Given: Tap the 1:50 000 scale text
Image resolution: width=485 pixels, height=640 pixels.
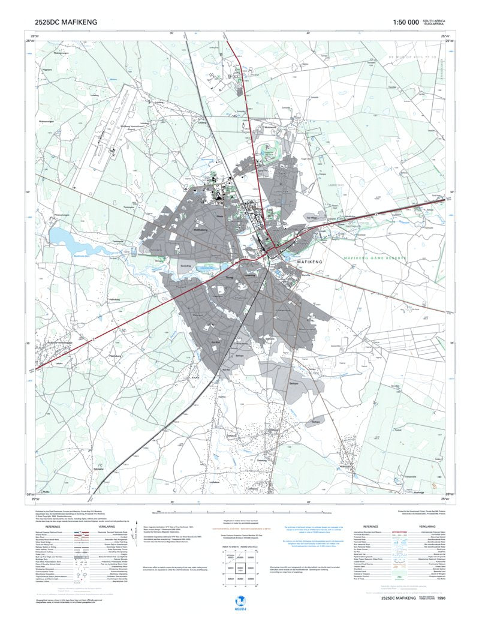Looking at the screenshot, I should click(x=406, y=22).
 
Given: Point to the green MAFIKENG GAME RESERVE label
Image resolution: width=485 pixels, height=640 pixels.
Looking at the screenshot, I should click(x=375, y=259).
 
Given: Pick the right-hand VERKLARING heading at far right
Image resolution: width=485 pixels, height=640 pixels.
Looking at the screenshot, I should click(x=427, y=526).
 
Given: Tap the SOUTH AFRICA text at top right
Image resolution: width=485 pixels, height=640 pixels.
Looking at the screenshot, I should click(x=433, y=20).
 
